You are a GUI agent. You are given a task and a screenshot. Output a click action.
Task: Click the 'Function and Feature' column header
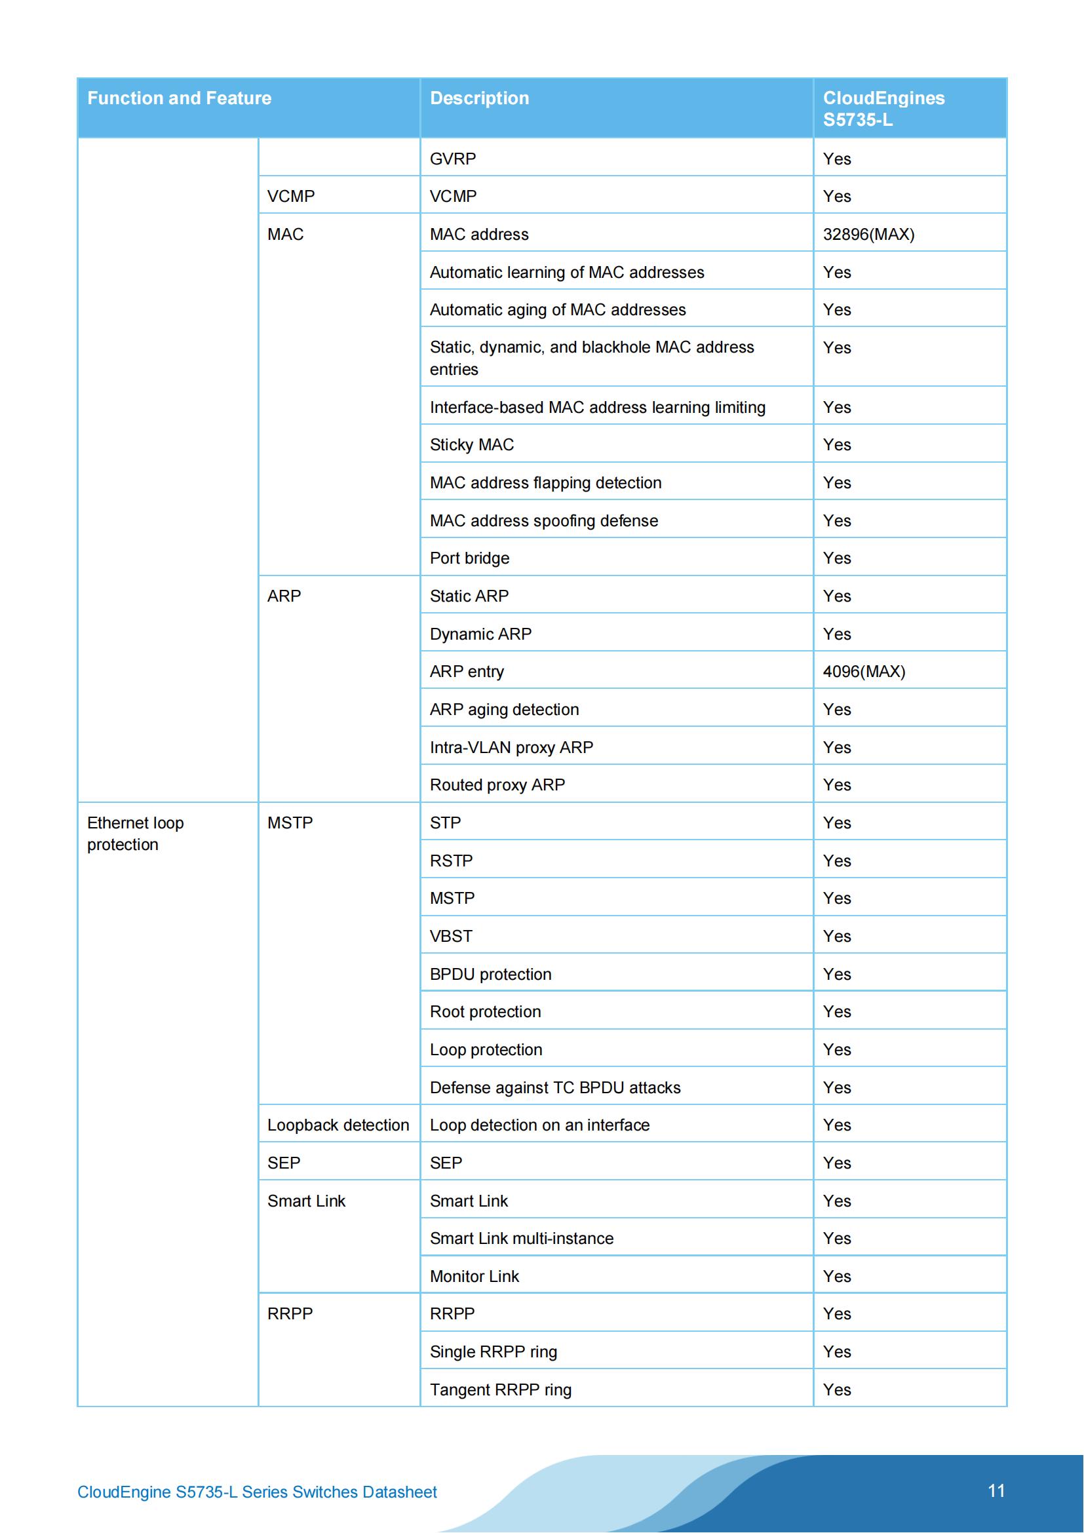tap(179, 98)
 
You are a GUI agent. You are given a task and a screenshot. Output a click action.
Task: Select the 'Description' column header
tap(479, 98)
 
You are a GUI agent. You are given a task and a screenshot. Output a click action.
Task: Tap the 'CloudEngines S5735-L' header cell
tap(883, 108)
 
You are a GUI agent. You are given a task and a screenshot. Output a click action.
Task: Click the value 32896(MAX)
tap(868, 235)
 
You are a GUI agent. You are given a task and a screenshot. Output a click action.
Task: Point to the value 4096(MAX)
tap(864, 672)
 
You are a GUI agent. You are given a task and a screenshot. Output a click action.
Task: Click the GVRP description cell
tap(453, 159)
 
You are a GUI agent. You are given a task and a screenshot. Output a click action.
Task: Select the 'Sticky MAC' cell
tap(471, 444)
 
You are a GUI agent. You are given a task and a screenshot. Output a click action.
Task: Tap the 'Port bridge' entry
tap(469, 558)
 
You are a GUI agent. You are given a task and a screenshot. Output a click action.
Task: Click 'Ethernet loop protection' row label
tap(136, 833)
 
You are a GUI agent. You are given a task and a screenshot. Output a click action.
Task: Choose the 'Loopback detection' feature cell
tap(338, 1125)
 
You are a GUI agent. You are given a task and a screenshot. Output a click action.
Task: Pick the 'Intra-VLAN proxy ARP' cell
tap(511, 747)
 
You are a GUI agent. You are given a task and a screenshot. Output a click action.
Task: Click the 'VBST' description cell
tap(450, 936)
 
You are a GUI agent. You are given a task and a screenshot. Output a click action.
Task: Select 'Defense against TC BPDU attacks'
tap(554, 1088)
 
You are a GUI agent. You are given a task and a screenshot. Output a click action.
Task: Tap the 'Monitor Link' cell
tap(474, 1277)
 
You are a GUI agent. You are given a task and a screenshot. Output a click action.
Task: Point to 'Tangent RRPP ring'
tap(501, 1390)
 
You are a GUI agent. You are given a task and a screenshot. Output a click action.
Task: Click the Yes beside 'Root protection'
tap(836, 1011)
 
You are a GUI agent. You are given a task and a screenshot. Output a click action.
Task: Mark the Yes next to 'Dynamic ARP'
tap(836, 634)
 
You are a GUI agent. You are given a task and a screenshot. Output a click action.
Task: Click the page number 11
tap(996, 1491)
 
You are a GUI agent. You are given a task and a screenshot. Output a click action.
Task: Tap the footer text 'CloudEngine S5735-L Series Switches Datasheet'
tap(257, 1492)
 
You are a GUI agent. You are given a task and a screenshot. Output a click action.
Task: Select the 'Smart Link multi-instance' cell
tap(521, 1239)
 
